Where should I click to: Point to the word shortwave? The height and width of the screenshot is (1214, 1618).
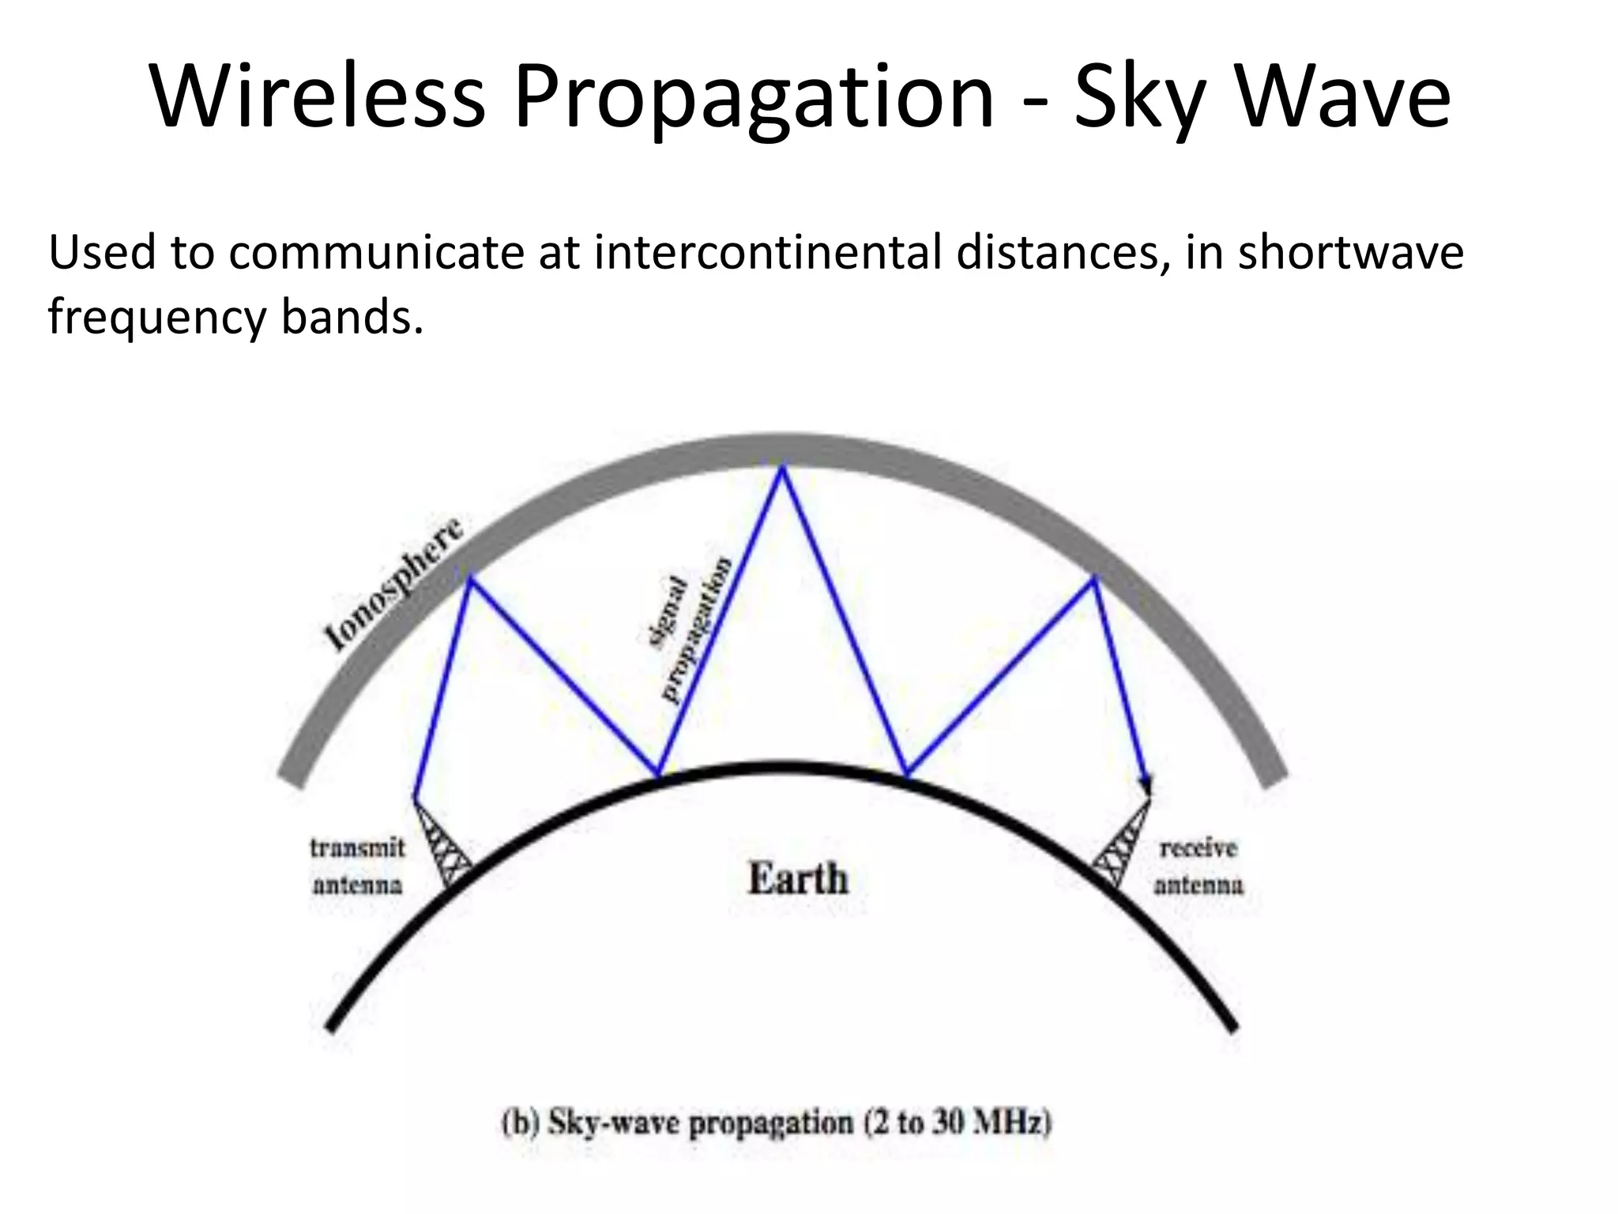[x=1350, y=253]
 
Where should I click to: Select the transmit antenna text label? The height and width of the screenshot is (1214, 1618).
[x=357, y=866]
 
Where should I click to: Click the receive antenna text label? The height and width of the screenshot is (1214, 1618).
[x=1198, y=866]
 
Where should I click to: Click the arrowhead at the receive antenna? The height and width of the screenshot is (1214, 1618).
[x=1145, y=786]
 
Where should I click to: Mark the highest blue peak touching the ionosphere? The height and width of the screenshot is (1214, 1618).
[x=782, y=469]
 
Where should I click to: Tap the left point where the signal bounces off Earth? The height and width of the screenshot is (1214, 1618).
[x=657, y=775]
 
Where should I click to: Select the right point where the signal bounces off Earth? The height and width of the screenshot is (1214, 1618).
[x=907, y=775]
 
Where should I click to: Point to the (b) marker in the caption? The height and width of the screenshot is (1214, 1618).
[x=520, y=1123]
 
